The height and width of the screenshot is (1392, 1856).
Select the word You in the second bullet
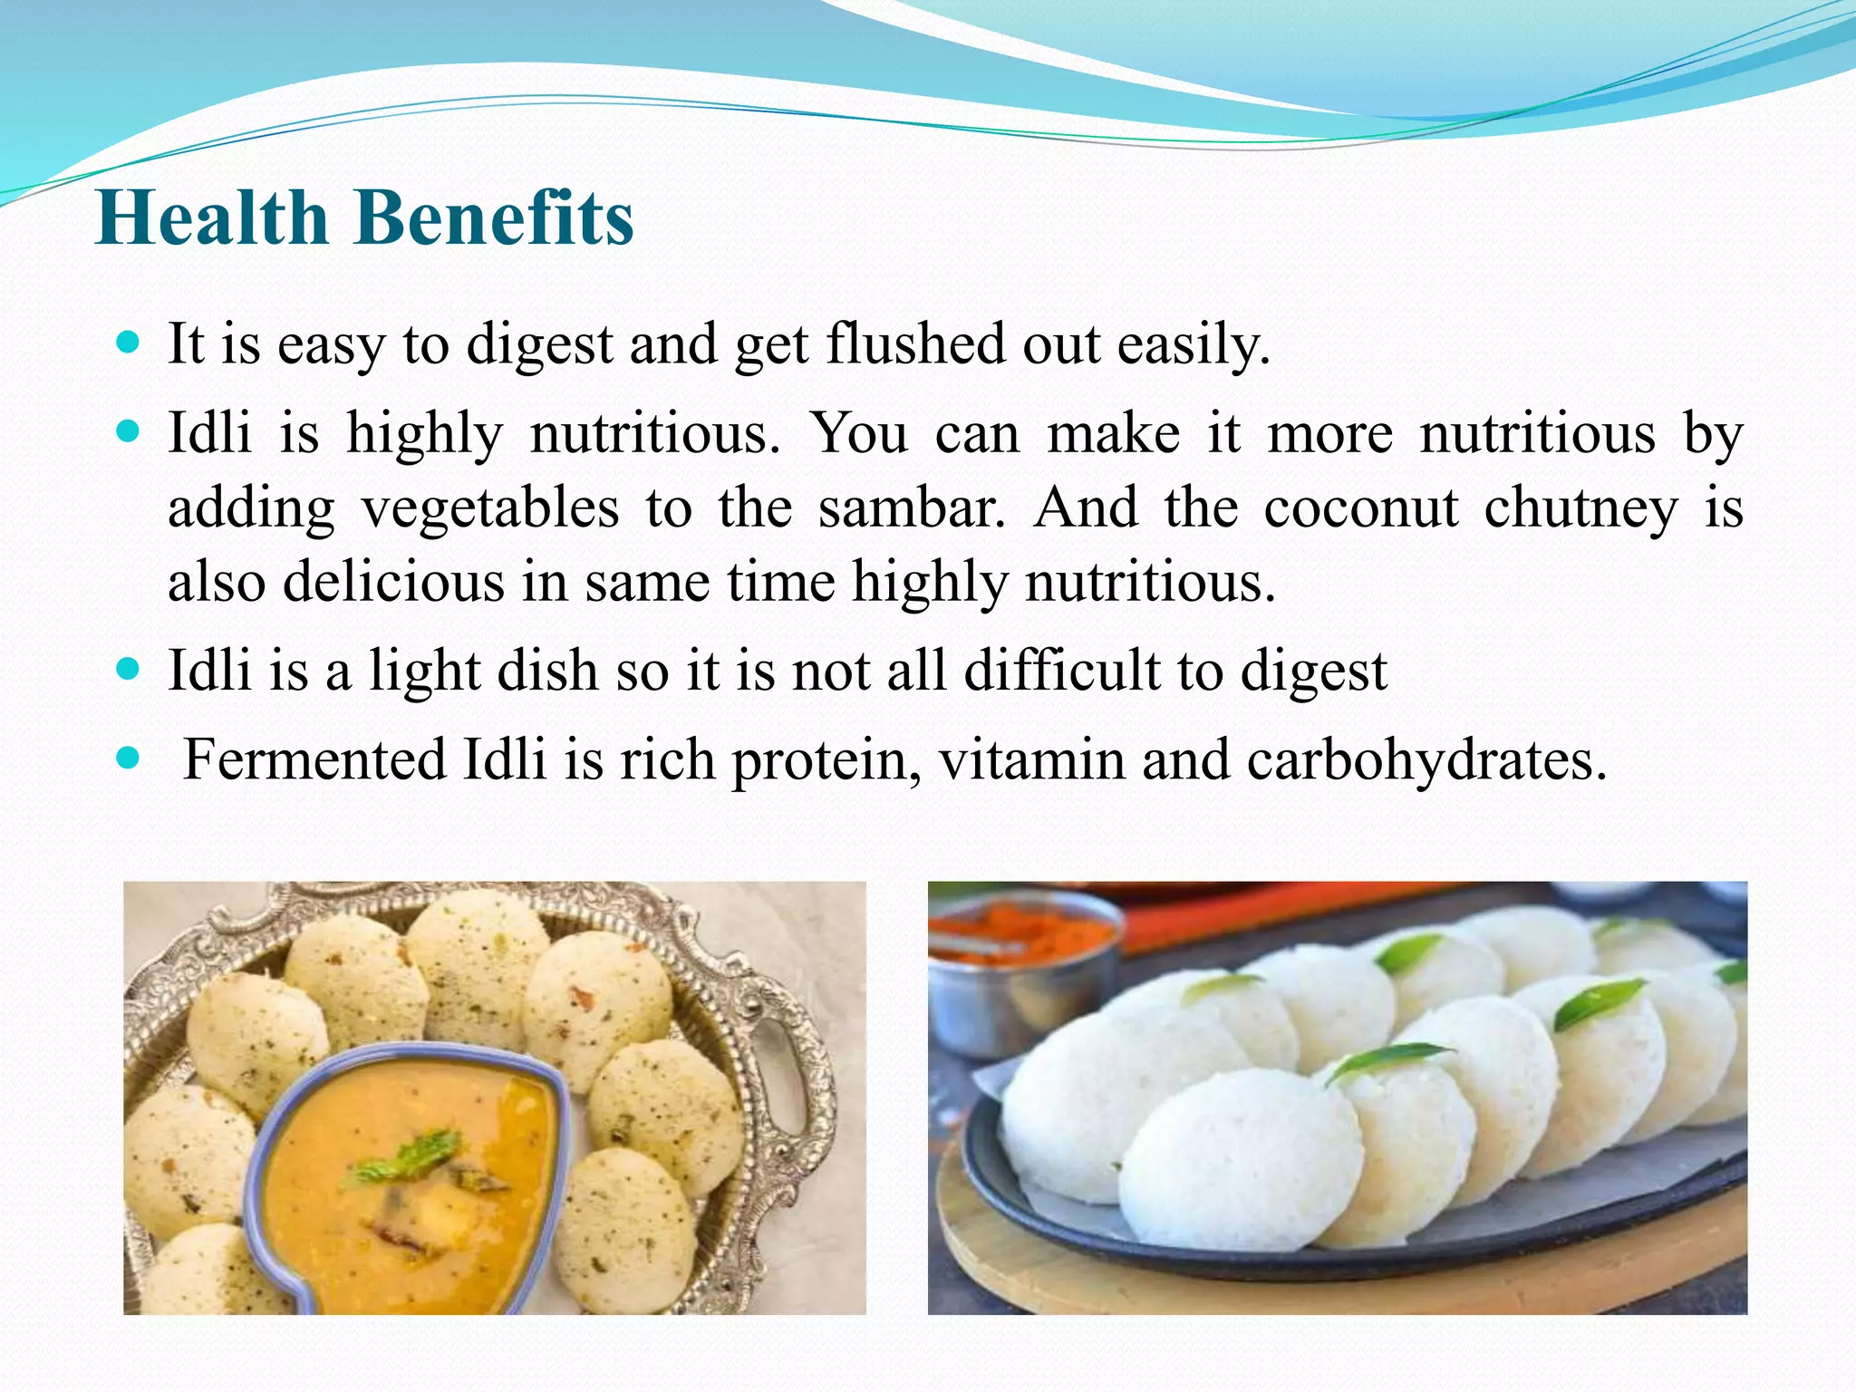pyautogui.click(x=858, y=433)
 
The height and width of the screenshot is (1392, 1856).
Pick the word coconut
pyautogui.click(x=1360, y=507)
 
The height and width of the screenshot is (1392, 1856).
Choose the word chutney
pyautogui.click(x=1580, y=509)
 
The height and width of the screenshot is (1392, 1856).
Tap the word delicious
pyautogui.click(x=393, y=581)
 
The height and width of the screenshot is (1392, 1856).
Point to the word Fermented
pyautogui.click(x=314, y=759)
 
